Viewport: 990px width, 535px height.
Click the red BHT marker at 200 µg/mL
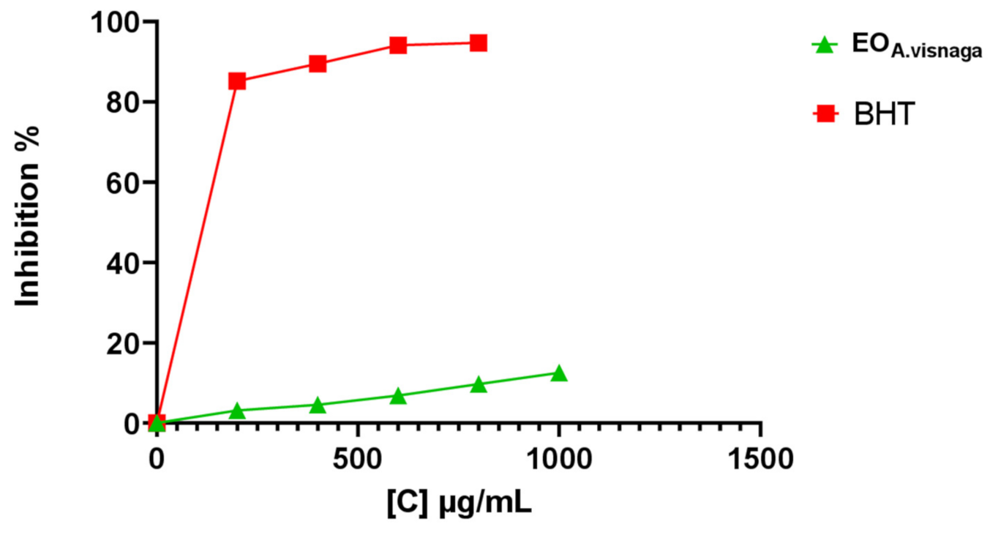237,81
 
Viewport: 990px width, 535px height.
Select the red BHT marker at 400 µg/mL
318,64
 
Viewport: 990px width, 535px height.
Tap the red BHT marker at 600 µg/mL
398,45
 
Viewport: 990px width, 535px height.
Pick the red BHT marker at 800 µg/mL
479,42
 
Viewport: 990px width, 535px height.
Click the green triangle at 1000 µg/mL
559,373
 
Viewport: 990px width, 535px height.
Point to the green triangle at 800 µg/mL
479,384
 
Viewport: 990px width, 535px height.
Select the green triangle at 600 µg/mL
398,396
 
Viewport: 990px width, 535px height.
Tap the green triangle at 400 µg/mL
318,405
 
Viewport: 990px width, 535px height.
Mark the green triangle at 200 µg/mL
237,411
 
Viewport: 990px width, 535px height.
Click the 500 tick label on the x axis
358,459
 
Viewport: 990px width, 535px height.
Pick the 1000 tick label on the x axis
559,459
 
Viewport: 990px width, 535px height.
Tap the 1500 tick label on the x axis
760,459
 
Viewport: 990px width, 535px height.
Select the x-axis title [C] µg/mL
459,504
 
